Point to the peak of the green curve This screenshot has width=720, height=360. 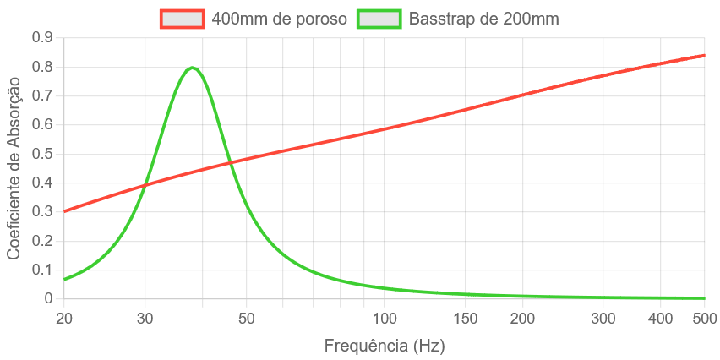(193, 68)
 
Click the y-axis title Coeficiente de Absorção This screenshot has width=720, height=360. (14, 166)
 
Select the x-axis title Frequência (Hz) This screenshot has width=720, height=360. (385, 346)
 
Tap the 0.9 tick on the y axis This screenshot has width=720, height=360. (42, 37)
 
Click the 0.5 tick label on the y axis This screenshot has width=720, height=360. (42, 153)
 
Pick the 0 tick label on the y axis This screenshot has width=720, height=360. (48, 298)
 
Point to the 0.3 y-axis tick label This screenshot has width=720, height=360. (42, 211)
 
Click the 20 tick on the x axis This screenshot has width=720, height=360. (64, 319)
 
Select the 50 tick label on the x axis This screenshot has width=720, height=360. (246, 319)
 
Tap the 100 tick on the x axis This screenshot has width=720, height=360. (385, 319)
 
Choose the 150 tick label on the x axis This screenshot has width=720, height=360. (466, 319)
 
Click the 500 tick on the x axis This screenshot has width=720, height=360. (705, 319)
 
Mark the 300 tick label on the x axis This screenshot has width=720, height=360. (603, 319)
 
